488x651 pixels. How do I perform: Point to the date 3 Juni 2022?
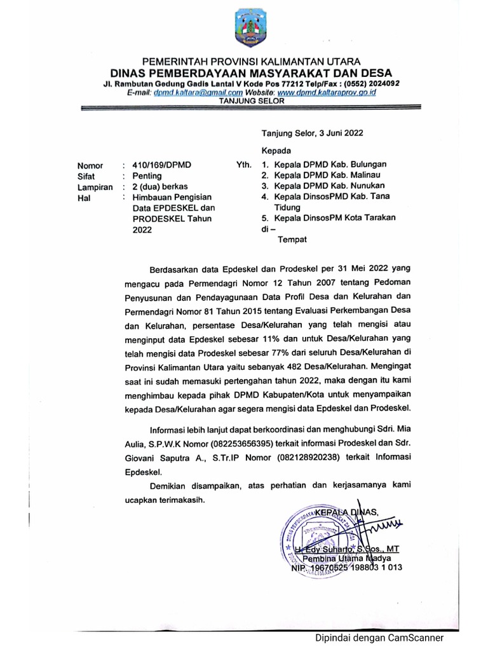337,133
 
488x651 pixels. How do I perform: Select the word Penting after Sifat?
147,176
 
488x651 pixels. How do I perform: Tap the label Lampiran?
95,188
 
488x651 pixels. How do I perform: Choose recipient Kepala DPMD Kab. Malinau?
328,175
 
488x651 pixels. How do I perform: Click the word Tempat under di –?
292,240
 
